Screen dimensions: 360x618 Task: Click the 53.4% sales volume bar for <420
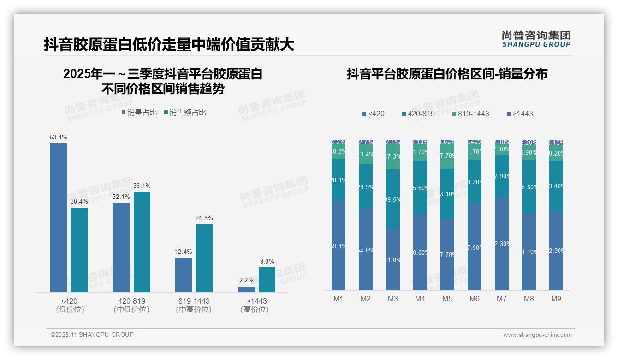pyautogui.click(x=59, y=217)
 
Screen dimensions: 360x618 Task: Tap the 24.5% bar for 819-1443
pyautogui.click(x=204, y=258)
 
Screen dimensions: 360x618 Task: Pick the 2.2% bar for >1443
pyautogui.click(x=246, y=289)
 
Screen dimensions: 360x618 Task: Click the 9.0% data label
pyautogui.click(x=267, y=261)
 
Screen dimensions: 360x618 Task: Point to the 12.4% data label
pyautogui.click(x=184, y=252)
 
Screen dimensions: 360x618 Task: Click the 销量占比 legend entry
pyautogui.click(x=139, y=113)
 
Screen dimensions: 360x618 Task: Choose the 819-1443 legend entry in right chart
pyautogui.click(x=470, y=114)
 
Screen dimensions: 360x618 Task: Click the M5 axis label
pyautogui.click(x=447, y=299)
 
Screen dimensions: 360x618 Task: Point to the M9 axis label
pyautogui.click(x=556, y=299)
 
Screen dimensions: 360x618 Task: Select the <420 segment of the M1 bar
pyautogui.click(x=339, y=246)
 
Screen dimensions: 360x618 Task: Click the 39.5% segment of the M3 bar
pyautogui.click(x=393, y=199)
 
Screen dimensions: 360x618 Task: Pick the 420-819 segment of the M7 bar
pyautogui.click(x=502, y=176)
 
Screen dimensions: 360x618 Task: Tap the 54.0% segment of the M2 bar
pyautogui.click(x=366, y=250)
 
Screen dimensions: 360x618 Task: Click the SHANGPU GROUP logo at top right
pyautogui.click(x=536, y=39)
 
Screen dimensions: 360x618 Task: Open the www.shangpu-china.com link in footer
pyautogui.click(x=537, y=335)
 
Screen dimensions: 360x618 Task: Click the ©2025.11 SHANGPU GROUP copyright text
pyautogui.click(x=92, y=335)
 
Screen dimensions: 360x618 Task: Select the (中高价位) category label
pyautogui.click(x=194, y=310)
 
